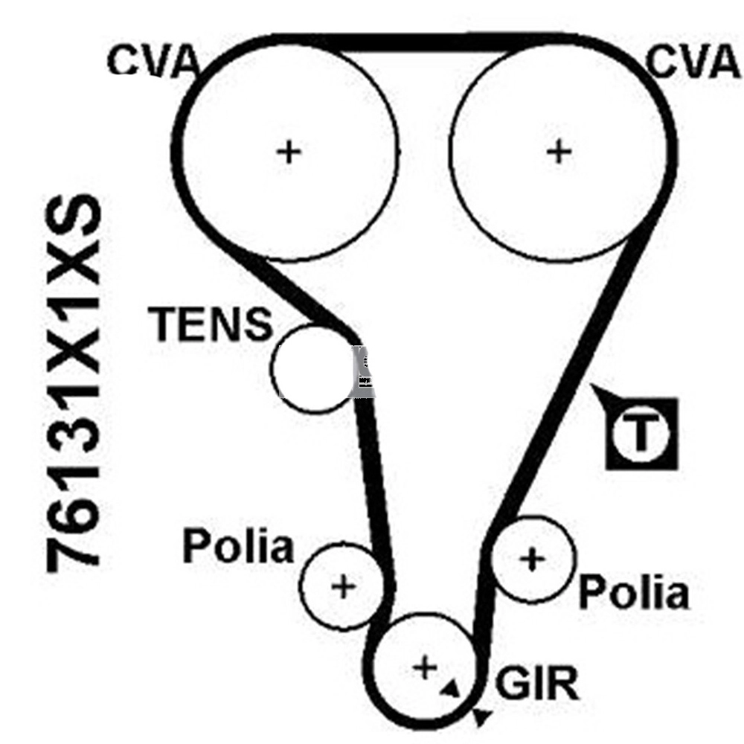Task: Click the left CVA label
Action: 152,61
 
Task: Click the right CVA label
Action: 693,61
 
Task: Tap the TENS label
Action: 211,324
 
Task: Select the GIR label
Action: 536,683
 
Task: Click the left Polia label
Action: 238,547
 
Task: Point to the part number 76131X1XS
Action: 74,383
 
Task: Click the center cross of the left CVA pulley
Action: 289,153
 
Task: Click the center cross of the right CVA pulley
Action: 559,153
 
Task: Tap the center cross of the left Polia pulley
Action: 343,587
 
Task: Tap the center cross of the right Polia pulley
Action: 533,559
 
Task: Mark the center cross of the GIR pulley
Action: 425,667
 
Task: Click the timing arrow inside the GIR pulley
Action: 451,689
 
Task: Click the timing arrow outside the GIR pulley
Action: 481,716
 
